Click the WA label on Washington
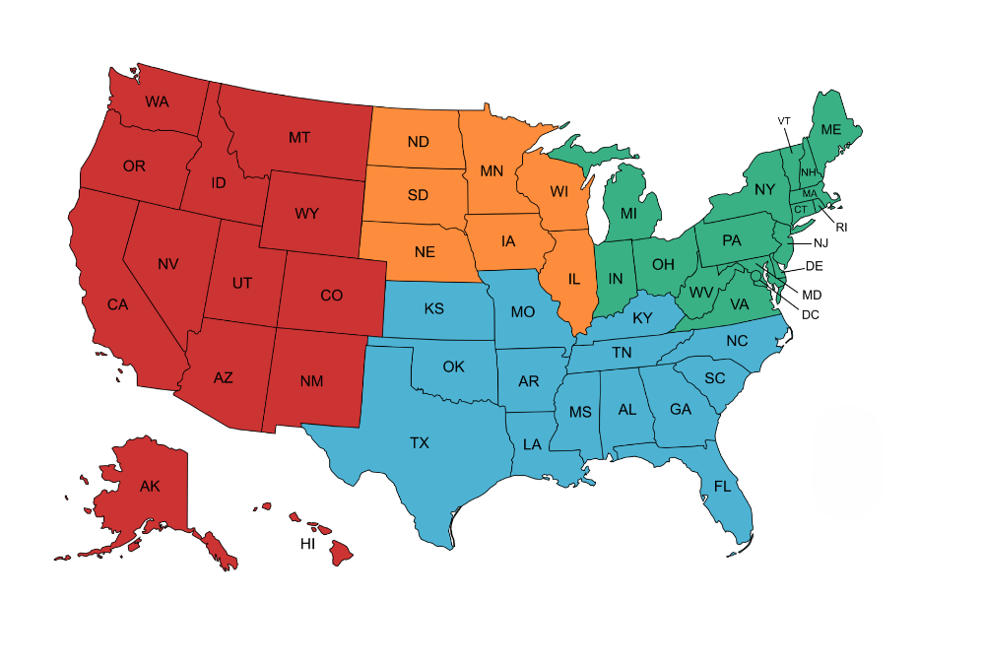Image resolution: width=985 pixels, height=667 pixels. click(x=157, y=101)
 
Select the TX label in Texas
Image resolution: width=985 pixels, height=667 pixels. click(x=420, y=443)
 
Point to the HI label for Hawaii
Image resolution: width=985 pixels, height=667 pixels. click(x=307, y=544)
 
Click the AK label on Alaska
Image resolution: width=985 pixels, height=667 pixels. click(x=150, y=486)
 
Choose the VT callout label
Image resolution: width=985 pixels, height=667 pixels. click(x=784, y=121)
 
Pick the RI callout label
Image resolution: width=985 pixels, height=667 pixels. click(x=842, y=227)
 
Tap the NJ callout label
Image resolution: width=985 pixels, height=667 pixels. click(x=821, y=242)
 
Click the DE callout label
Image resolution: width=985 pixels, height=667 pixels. click(x=814, y=266)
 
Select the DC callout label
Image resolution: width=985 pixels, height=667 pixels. click(x=811, y=314)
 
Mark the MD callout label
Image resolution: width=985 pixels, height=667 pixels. click(x=813, y=295)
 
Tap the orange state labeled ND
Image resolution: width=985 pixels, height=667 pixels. click(x=418, y=141)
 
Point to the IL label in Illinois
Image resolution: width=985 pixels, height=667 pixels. click(x=574, y=278)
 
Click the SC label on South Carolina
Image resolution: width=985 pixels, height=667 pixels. click(x=714, y=378)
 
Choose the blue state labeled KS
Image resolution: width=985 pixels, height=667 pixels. click(x=433, y=308)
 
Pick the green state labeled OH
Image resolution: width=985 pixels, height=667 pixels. click(x=663, y=264)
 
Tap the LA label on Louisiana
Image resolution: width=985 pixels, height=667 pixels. click(x=532, y=444)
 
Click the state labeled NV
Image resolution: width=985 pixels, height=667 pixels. click(x=167, y=263)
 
